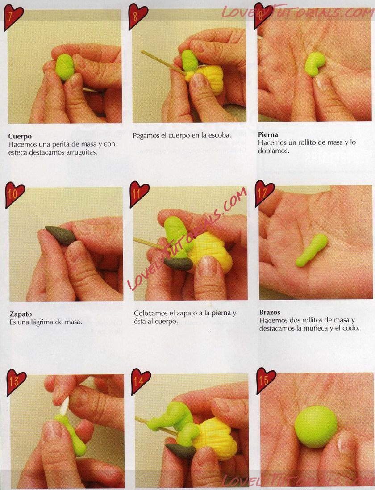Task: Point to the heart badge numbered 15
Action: (x=266, y=380)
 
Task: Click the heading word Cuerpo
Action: (x=20, y=137)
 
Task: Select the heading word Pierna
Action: (x=268, y=135)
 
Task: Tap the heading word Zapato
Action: (x=21, y=314)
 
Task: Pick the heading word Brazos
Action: (x=270, y=312)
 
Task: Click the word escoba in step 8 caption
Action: (x=221, y=135)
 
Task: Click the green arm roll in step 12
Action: (x=312, y=250)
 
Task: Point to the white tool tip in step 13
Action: (x=65, y=406)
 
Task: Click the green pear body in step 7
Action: (x=65, y=67)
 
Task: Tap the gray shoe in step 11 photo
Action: (x=178, y=264)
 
